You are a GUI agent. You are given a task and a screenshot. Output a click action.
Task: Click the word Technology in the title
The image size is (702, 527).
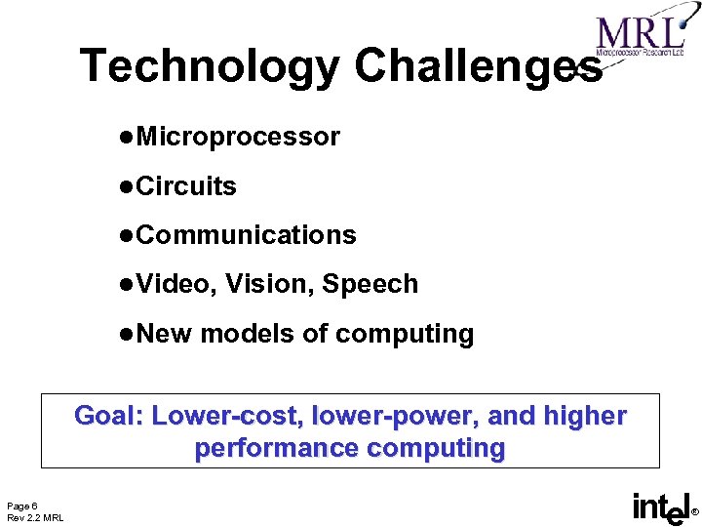[x=210, y=66]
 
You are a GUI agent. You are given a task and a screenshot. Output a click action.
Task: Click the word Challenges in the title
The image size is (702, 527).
[x=477, y=66]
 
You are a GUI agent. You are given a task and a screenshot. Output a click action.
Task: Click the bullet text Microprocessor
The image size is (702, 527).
[x=238, y=137]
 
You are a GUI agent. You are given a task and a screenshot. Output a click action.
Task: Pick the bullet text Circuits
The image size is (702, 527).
[x=186, y=186]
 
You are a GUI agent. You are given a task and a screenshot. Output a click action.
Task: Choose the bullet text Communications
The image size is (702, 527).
[x=246, y=235]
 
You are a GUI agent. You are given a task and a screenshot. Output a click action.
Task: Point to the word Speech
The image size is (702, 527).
[x=370, y=284]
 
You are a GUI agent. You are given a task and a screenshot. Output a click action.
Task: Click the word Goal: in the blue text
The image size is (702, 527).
[x=109, y=416]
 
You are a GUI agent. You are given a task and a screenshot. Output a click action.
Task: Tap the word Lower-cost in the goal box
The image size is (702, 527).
[x=225, y=416]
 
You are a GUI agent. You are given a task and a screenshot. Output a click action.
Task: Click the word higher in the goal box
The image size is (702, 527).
[x=584, y=416]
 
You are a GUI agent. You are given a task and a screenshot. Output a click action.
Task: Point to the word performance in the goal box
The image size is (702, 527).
[x=277, y=449]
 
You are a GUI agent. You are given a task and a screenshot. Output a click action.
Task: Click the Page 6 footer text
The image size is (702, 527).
[x=22, y=506]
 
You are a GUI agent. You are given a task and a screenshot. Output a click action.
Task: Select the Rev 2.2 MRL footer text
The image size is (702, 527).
[x=35, y=517]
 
